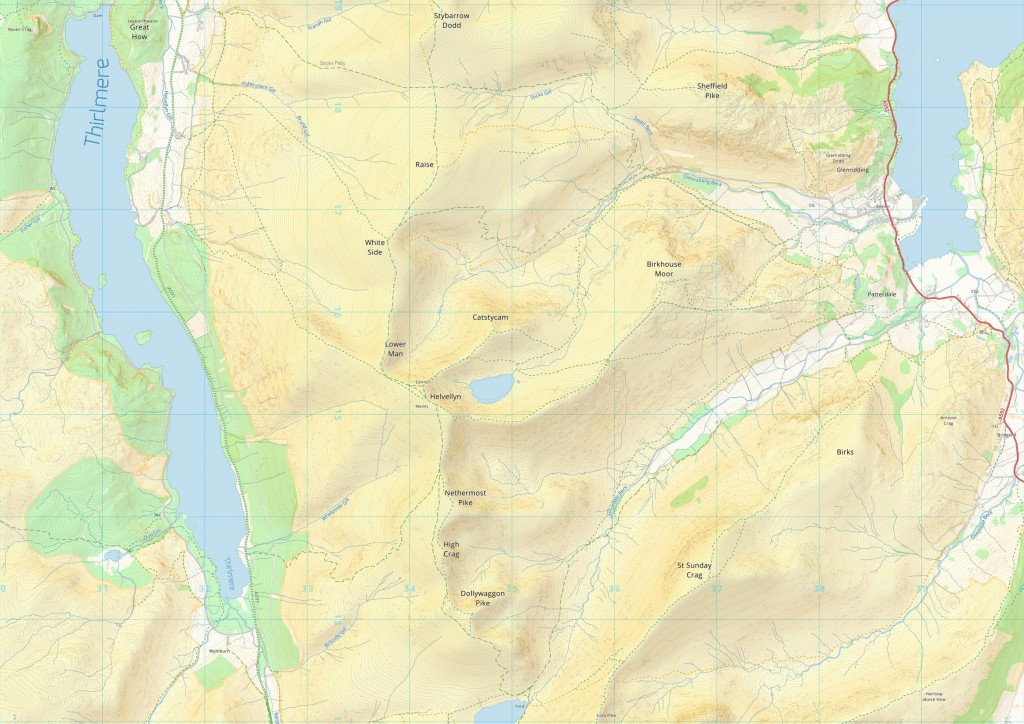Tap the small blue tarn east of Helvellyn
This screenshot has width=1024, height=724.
tap(492, 388)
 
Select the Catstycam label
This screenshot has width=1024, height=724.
tap(491, 317)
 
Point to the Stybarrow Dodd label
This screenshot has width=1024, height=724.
tap(451, 21)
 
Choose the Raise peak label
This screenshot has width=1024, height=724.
tap(424, 164)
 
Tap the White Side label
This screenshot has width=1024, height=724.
tap(374, 247)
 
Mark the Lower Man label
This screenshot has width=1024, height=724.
tap(396, 348)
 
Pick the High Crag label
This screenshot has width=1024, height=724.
tap(452, 549)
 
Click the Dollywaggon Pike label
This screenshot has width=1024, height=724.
tap(482, 598)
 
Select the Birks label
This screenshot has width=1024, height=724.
tap(846, 452)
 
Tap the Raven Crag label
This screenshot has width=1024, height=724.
tap(20, 29)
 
